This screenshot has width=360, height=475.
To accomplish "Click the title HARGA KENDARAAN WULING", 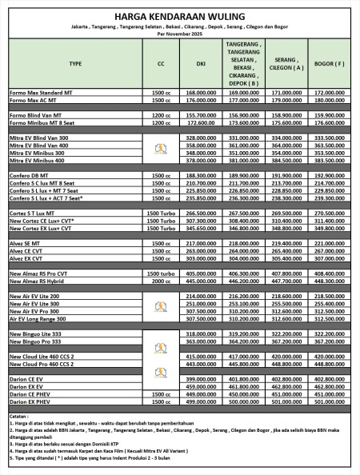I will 179,15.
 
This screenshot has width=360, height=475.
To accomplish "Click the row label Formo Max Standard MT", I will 40,94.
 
